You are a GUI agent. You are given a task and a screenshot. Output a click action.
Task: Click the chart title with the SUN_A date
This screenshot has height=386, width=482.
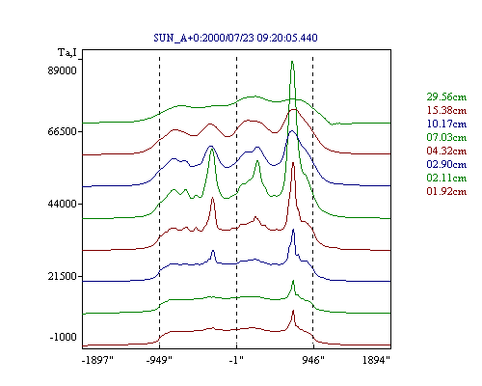click(x=235, y=38)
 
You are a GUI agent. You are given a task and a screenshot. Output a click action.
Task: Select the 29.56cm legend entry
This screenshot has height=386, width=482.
click(x=446, y=96)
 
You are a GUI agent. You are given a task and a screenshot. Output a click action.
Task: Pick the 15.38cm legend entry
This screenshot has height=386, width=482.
click(x=446, y=110)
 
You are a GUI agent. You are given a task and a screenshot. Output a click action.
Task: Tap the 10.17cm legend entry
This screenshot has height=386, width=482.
click(x=446, y=124)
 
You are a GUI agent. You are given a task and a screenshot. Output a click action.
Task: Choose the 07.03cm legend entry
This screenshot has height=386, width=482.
click(x=446, y=137)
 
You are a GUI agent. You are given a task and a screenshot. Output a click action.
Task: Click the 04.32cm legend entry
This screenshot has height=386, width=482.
click(x=446, y=151)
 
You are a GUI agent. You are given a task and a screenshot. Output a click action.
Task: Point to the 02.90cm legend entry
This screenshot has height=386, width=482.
click(x=446, y=164)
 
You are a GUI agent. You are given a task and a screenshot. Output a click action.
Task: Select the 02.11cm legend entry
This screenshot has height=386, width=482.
click(x=446, y=178)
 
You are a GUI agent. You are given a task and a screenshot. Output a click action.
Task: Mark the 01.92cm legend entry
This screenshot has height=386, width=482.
click(x=446, y=191)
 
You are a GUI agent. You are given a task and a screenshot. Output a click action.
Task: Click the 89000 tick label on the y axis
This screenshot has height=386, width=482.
click(x=62, y=70)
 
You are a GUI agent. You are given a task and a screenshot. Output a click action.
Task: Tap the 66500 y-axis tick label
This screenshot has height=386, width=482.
click(x=62, y=131)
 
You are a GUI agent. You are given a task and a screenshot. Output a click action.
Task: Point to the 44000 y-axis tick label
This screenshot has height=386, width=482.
click(x=62, y=204)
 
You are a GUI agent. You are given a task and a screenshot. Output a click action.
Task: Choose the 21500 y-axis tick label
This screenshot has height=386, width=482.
click(x=62, y=276)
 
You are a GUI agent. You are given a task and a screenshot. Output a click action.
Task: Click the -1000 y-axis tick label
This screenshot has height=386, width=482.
click(x=63, y=337)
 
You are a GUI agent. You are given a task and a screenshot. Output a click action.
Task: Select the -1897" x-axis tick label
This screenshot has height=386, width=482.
click(x=97, y=360)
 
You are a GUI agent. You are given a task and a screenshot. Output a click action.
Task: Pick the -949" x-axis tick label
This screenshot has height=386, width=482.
click(x=159, y=360)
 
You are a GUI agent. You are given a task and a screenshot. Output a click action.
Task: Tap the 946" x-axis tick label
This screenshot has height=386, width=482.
click(x=313, y=360)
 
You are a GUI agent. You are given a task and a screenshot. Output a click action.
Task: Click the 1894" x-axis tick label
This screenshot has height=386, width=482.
click(x=376, y=360)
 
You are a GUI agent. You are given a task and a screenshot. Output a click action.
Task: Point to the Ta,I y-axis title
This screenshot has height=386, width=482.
click(x=67, y=52)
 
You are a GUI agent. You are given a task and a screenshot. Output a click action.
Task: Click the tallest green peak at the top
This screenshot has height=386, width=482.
click(x=292, y=62)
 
